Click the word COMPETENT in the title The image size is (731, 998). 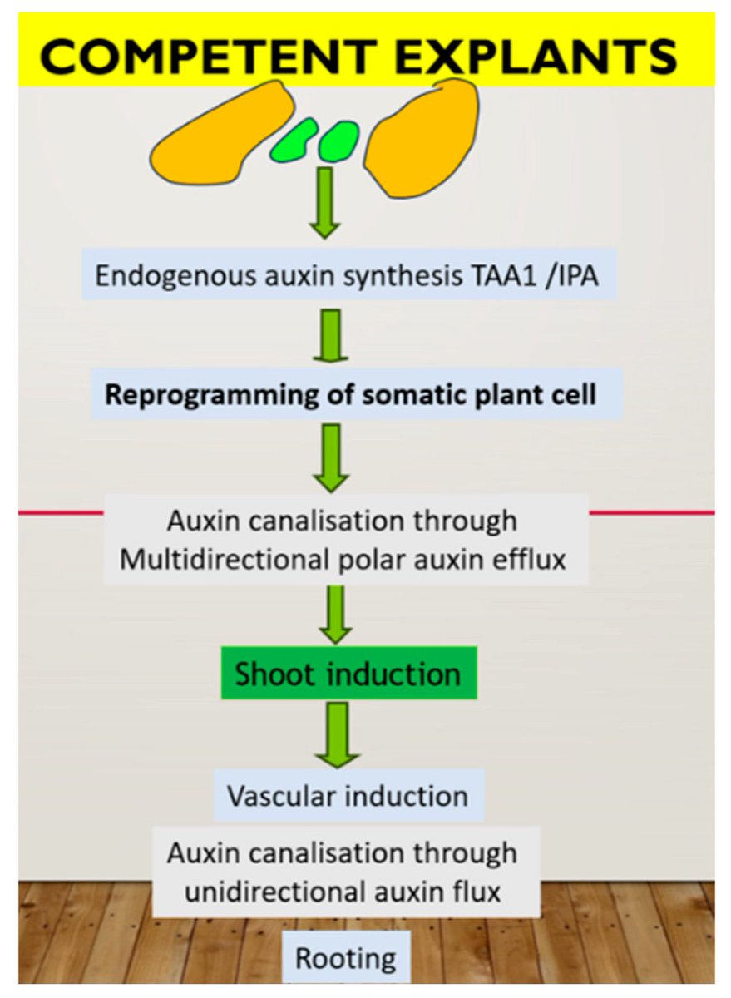click(x=209, y=57)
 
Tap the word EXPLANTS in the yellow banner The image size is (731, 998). click(x=536, y=57)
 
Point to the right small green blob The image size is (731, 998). click(x=338, y=141)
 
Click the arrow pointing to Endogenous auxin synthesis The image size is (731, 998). click(x=325, y=203)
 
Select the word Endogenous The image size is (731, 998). click(x=176, y=277)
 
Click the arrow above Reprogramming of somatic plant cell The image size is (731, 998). click(x=331, y=336)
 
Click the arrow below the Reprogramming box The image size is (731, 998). click(x=331, y=458)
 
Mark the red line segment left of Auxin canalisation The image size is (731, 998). click(x=61, y=513)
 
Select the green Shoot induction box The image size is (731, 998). click(x=348, y=673)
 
